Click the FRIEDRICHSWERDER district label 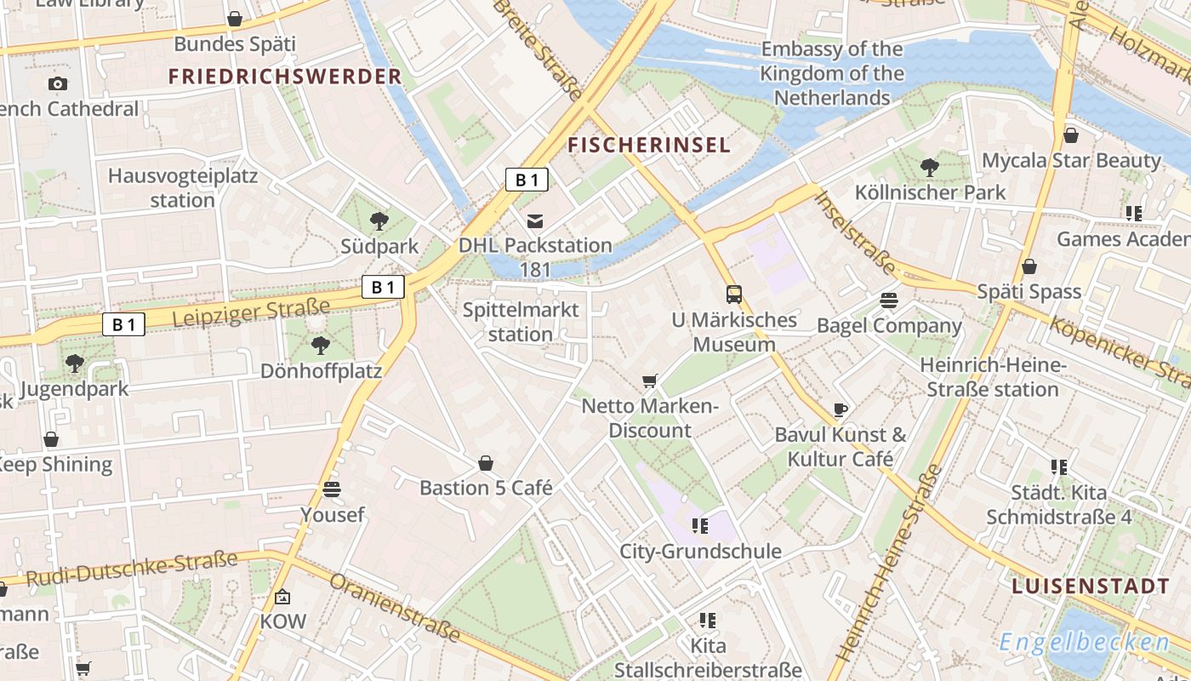284,77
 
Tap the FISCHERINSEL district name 649,145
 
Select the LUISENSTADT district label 1091,587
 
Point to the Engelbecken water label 1084,642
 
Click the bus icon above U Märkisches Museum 734,295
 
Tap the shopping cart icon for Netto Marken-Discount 650,381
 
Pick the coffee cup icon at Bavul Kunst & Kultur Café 841,409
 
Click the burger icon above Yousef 332,489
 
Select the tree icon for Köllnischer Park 930,168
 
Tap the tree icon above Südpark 379,221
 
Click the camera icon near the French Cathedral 57,83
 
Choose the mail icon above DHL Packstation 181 535,221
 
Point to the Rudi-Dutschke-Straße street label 131,569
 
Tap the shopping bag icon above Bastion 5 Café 486,463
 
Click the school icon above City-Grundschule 700,526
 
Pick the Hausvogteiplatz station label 182,188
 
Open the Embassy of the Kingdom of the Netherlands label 832,73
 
